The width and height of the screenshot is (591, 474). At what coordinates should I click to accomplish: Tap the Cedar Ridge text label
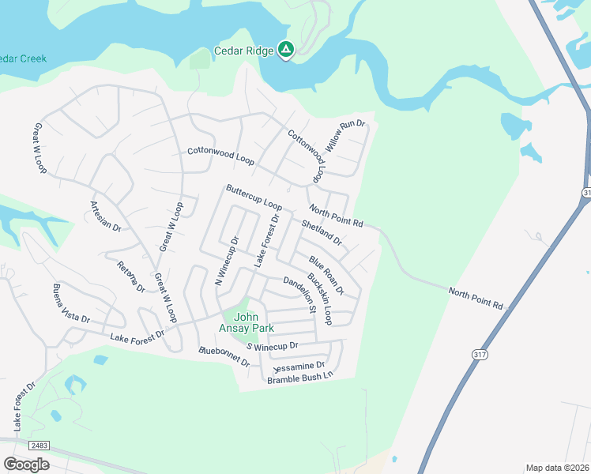pyautogui.click(x=244, y=52)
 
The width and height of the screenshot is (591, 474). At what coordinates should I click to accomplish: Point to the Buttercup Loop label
pyautogui.click(x=254, y=198)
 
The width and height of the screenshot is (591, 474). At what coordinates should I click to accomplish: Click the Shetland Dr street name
pyautogui.click(x=322, y=233)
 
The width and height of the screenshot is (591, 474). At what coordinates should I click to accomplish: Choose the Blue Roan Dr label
pyautogui.click(x=326, y=275)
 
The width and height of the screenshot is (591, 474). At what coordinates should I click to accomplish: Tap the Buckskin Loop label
pyautogui.click(x=318, y=299)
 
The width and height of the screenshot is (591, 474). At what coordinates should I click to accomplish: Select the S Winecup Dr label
pyautogui.click(x=272, y=346)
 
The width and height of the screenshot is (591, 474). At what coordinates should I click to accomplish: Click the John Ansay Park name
pyautogui.click(x=247, y=323)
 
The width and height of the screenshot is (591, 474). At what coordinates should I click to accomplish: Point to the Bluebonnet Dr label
pyautogui.click(x=225, y=356)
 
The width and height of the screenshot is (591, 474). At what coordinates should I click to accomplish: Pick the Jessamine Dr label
pyautogui.click(x=298, y=367)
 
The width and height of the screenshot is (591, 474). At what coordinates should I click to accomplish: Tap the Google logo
pyautogui.click(x=26, y=464)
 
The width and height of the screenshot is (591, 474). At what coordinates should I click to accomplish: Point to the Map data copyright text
pyautogui.click(x=556, y=468)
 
